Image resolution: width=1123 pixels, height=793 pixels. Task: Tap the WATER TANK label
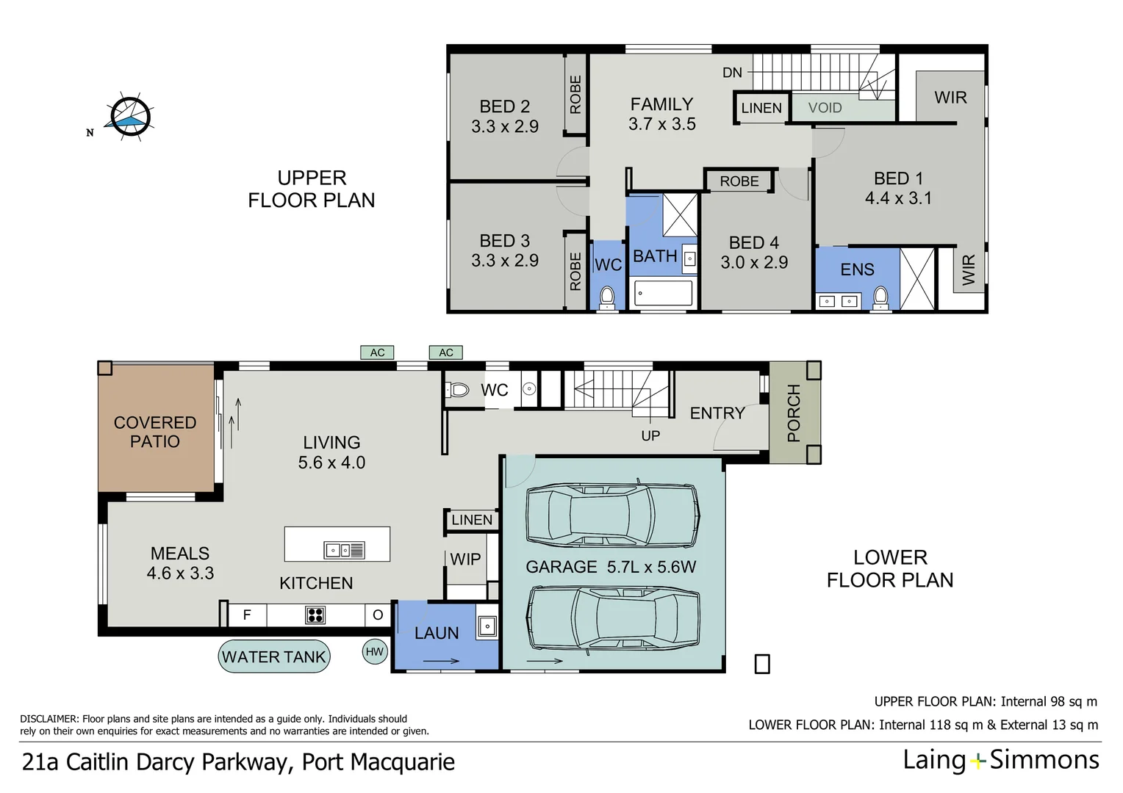[273, 657]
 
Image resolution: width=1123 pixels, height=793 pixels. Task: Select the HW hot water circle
[375, 651]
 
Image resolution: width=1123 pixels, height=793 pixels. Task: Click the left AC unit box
[377, 352]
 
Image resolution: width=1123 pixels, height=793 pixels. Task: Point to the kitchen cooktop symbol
[315, 615]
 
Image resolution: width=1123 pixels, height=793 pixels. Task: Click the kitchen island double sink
[344, 550]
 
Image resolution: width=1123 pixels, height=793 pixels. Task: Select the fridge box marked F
[247, 615]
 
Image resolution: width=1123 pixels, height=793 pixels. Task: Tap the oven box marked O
[378, 615]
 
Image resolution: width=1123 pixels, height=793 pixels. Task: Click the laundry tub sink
[487, 626]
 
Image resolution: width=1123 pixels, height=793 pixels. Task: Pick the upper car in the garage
[612, 515]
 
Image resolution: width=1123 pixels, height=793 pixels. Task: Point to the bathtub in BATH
[663, 293]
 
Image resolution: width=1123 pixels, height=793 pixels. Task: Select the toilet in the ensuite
[880, 297]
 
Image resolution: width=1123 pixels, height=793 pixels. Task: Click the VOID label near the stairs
[825, 108]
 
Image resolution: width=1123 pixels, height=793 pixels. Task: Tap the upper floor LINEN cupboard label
[761, 108]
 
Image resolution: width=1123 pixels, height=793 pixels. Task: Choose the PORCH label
[794, 413]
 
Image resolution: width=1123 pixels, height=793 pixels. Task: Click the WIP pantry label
[465, 560]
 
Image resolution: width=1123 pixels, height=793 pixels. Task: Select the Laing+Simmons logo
[1001, 760]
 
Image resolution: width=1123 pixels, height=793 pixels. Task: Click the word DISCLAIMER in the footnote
[49, 719]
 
